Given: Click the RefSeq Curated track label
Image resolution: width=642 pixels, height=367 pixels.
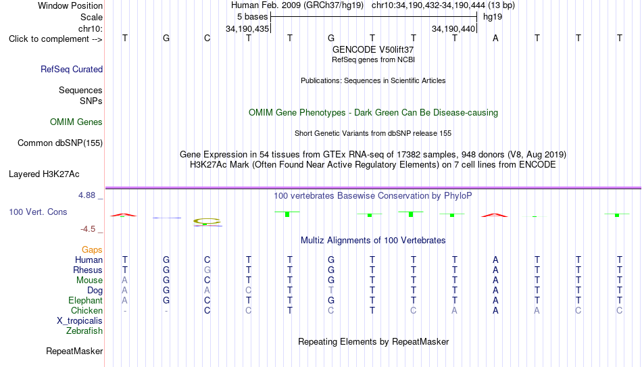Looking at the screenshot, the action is tap(72, 69).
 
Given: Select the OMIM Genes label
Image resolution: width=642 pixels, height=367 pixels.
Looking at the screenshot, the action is tap(76, 122).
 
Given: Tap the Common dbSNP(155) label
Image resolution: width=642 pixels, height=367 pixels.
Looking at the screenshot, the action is tap(60, 143).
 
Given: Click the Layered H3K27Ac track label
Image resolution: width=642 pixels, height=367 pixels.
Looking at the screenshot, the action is tap(44, 174).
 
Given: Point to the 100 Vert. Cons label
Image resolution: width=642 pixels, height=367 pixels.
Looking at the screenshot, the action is tap(38, 212).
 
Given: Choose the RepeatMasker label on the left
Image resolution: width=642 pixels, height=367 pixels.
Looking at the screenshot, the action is tap(74, 351).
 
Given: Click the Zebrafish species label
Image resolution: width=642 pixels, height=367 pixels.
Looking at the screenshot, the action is tap(84, 331).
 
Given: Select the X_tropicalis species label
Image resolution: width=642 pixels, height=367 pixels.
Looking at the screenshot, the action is tap(80, 321).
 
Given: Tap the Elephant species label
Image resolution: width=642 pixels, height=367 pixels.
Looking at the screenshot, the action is tap(86, 300).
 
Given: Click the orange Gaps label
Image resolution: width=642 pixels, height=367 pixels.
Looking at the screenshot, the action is tap(92, 250).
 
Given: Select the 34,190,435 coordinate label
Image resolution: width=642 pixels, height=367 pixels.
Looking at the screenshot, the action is tap(247, 28).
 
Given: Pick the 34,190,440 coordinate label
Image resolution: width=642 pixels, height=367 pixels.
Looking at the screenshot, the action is tap(453, 28).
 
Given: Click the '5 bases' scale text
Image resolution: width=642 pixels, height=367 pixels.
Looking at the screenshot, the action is tap(252, 17).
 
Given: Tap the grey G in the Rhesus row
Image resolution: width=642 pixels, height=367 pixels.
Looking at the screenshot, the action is tap(207, 270).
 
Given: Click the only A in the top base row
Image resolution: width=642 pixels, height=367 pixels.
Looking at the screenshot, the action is tap(495, 38).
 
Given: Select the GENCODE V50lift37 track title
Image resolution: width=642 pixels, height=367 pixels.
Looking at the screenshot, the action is tap(373, 49).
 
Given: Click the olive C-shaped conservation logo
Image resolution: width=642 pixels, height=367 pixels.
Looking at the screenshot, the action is tap(207, 222).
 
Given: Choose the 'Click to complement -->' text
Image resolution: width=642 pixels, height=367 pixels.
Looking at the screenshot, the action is tap(55, 39).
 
